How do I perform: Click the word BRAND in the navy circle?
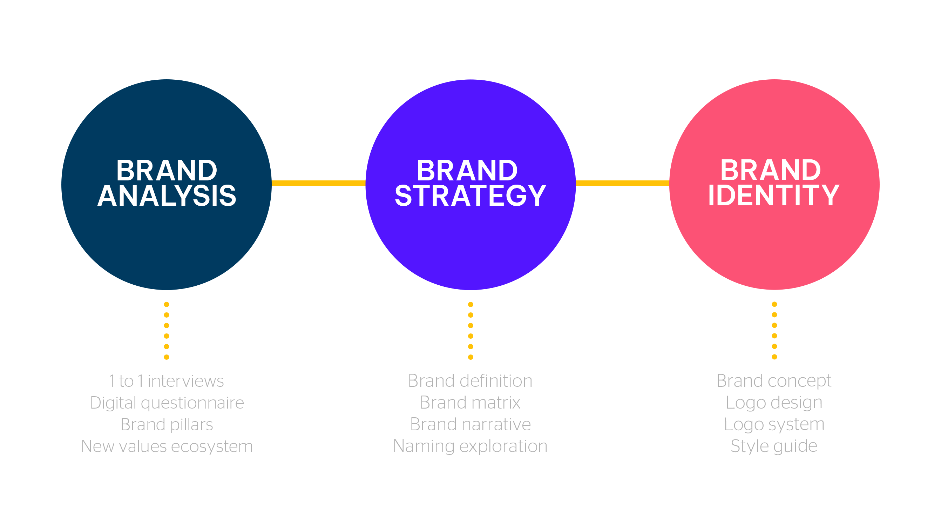(167, 170)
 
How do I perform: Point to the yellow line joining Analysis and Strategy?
(319, 183)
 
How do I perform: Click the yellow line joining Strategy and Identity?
(622, 183)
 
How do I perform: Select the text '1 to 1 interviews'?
(166, 381)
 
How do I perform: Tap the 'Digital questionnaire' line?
(167, 403)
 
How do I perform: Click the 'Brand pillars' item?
(167, 425)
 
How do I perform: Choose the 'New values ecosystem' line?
(167, 446)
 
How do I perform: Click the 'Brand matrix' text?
(470, 402)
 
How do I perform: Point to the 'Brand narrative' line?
(470, 424)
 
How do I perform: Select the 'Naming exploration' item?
(470, 446)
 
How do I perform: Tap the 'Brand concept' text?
(774, 381)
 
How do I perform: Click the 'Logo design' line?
(774, 403)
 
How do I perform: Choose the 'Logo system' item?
(774, 425)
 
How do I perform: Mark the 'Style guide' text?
(774, 446)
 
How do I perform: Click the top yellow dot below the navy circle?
(167, 304)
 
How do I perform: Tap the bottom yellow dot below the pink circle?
(774, 357)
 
